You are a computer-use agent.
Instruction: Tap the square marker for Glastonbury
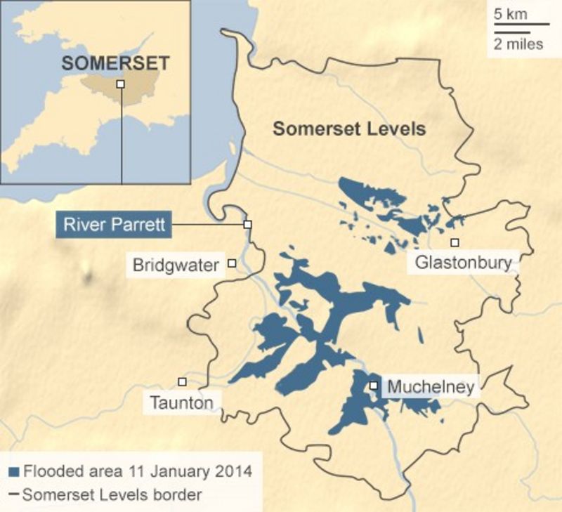(455, 242)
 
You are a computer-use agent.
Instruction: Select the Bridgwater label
(176, 265)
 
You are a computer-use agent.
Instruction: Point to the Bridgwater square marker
(231, 263)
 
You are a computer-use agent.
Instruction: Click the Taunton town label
(181, 403)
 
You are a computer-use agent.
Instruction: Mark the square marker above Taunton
(182, 381)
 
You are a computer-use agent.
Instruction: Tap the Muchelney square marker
(374, 386)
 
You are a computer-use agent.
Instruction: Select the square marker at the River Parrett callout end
(247, 224)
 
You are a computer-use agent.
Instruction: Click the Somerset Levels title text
(349, 129)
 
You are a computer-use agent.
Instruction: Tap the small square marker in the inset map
(121, 84)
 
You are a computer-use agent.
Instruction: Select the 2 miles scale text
(518, 44)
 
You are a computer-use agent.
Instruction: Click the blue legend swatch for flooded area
(13, 471)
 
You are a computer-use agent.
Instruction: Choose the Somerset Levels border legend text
(112, 494)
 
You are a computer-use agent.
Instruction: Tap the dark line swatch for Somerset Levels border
(13, 494)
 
